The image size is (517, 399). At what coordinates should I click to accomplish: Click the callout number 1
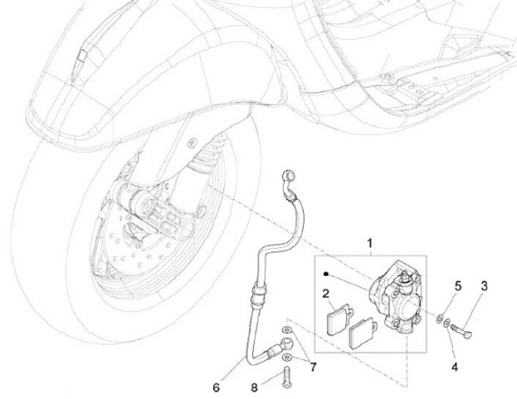tap(371, 244)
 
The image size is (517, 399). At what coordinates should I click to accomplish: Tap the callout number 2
tap(325, 293)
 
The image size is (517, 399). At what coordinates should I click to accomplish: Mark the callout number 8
tap(253, 386)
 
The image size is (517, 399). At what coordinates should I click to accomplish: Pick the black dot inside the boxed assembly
tap(325, 273)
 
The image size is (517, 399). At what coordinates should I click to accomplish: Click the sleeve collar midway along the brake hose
tap(258, 293)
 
